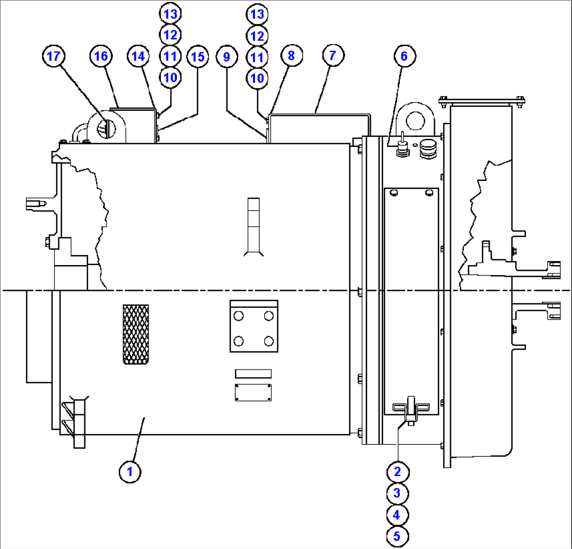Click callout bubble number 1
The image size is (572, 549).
pyautogui.click(x=130, y=472)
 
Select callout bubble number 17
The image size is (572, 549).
pyautogui.click(x=54, y=56)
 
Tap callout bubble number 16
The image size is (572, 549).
pyautogui.click(x=101, y=56)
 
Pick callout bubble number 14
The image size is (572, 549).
pyautogui.click(x=138, y=56)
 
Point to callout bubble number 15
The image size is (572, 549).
pyautogui.click(x=198, y=57)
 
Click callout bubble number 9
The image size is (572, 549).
pyautogui.click(x=227, y=57)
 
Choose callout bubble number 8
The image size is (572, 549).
pyautogui.click(x=291, y=56)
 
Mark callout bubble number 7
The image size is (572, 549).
pyautogui.click(x=333, y=56)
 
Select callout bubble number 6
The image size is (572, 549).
pyautogui.click(x=405, y=56)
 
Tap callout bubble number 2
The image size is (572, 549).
pyautogui.click(x=398, y=472)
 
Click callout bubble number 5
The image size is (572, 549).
pyautogui.click(x=397, y=536)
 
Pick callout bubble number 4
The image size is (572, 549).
pyautogui.click(x=397, y=515)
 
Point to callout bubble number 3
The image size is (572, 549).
pyautogui.click(x=397, y=493)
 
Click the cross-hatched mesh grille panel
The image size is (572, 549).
pyautogui.click(x=136, y=334)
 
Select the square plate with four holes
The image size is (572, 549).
pyautogui.click(x=254, y=326)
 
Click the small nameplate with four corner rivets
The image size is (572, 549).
pyautogui.click(x=253, y=393)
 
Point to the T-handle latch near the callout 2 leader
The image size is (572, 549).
pyautogui.click(x=411, y=410)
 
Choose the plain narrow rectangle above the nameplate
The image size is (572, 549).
pyautogui.click(x=253, y=374)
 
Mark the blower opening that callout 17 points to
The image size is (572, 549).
pyautogui.click(x=106, y=129)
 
